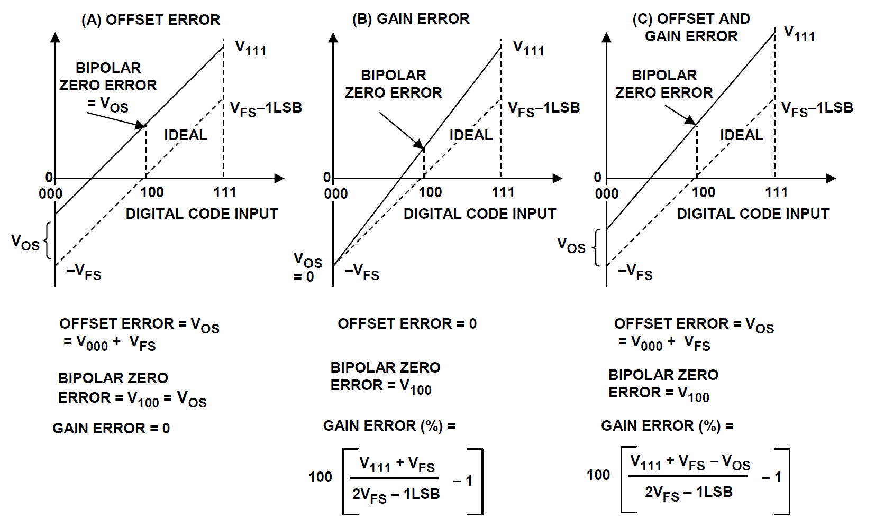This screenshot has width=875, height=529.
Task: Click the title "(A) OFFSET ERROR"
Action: [x=151, y=20]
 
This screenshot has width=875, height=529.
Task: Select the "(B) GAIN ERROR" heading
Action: [x=411, y=18]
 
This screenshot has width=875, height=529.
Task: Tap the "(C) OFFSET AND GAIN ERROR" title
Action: [x=691, y=27]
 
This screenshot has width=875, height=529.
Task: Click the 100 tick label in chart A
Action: [x=152, y=192]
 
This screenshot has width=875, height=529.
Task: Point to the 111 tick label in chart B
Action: [x=503, y=192]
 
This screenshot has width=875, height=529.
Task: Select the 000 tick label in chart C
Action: [x=607, y=193]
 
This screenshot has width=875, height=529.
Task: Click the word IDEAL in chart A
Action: [x=186, y=135]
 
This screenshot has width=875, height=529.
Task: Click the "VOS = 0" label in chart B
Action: [x=308, y=267]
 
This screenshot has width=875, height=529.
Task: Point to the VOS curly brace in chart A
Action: [x=48, y=240]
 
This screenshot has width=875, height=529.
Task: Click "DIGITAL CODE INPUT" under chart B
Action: [x=480, y=214]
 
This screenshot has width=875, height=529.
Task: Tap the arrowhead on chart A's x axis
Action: [x=280, y=178]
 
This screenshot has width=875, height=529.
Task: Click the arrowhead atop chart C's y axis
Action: [x=606, y=37]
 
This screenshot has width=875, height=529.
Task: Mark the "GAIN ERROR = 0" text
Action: [x=111, y=429]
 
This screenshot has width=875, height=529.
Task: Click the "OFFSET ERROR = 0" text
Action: [x=407, y=324]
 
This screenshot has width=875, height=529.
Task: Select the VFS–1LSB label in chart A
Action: [x=266, y=109]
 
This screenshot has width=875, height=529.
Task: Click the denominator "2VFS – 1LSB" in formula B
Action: [x=396, y=495]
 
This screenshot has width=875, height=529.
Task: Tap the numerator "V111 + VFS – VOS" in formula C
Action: [x=690, y=463]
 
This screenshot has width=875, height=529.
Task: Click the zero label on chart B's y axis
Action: [x=327, y=178]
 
